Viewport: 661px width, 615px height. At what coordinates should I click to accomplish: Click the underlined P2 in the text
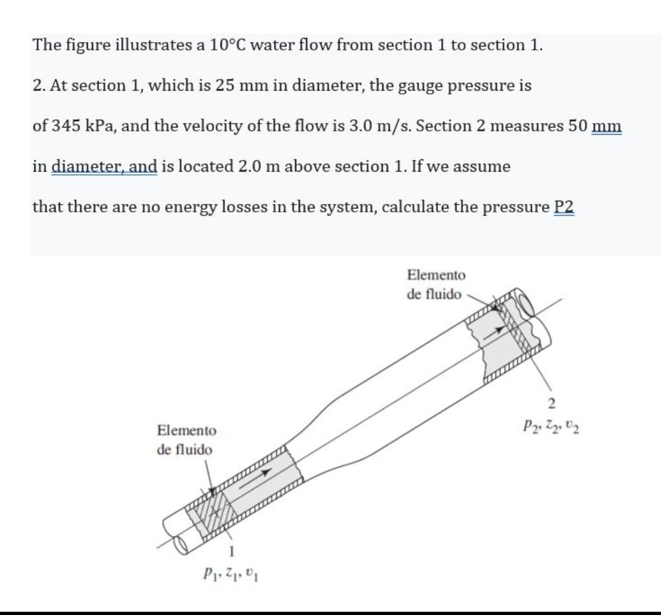[x=564, y=207]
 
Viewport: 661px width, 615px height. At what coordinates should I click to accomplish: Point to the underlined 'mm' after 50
[x=606, y=126]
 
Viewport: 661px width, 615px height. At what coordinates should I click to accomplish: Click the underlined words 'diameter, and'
[x=103, y=166]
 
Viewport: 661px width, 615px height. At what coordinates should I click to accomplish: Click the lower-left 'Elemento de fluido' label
[x=187, y=440]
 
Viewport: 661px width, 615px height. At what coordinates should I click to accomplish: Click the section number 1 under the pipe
[x=228, y=550]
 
